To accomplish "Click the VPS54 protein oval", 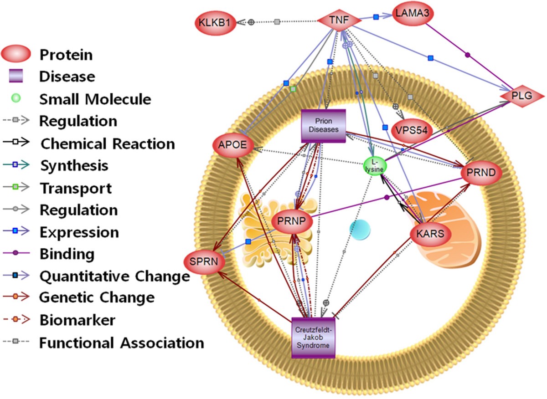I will click(x=411, y=130).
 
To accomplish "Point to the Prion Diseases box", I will click(x=324, y=126).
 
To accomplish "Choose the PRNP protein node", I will click(x=292, y=221).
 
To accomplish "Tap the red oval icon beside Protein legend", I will click(x=16, y=55).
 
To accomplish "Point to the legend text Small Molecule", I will click(x=95, y=99).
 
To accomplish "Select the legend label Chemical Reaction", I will click(x=108, y=144).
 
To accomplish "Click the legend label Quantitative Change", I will click(x=114, y=276).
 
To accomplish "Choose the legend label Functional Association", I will click(x=121, y=343).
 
